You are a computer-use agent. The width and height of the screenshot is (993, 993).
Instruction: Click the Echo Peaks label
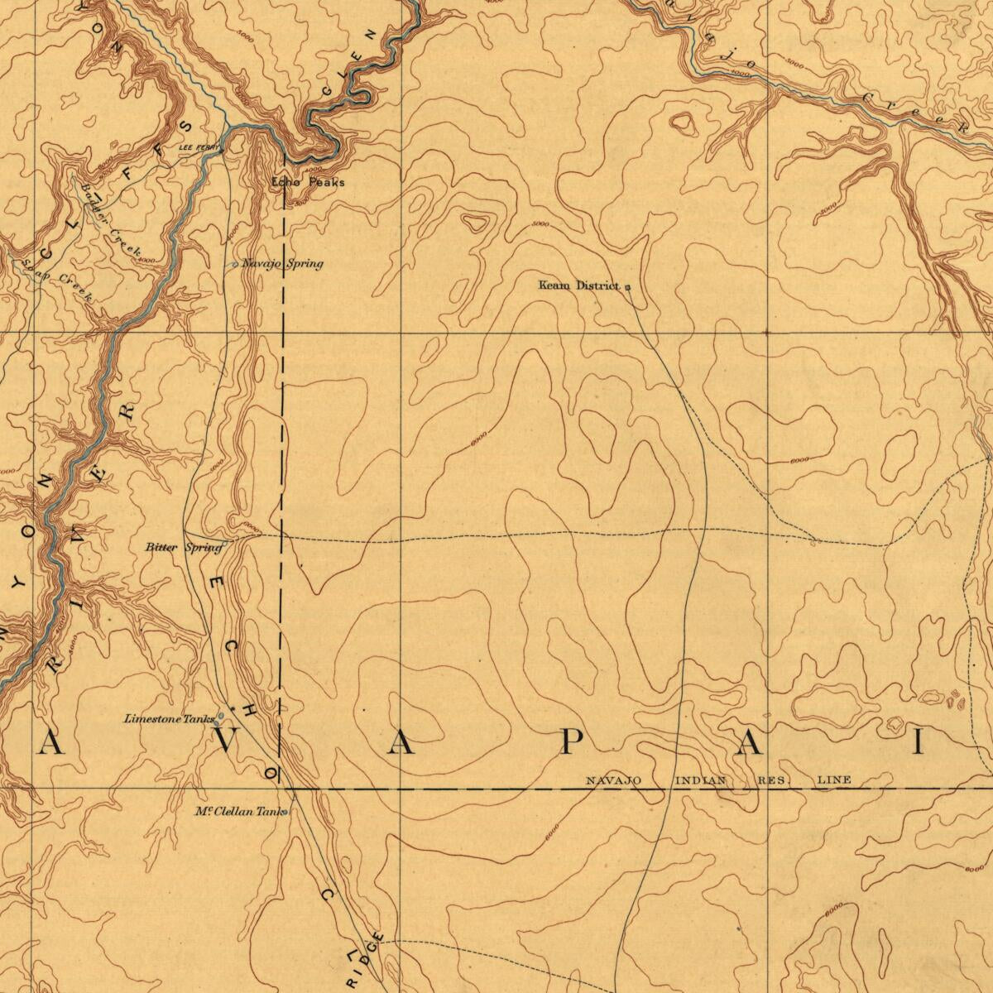click(x=308, y=182)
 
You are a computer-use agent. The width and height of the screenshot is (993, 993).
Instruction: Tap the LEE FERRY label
click(x=199, y=148)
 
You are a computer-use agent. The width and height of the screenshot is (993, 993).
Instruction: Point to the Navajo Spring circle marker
click(x=235, y=265)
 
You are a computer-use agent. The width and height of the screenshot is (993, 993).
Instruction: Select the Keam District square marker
click(x=627, y=287)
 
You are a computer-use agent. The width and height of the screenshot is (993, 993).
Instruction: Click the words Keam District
click(x=578, y=285)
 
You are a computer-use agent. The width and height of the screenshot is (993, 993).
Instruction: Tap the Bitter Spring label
click(x=183, y=547)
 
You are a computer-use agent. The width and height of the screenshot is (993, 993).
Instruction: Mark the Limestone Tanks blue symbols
click(x=220, y=717)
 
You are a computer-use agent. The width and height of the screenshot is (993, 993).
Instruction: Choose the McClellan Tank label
click(x=237, y=812)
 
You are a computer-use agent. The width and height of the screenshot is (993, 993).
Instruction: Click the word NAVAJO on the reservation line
click(x=613, y=780)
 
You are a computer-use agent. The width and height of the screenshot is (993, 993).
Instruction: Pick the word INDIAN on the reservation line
click(x=701, y=780)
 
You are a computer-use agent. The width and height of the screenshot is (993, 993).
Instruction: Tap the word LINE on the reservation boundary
click(x=834, y=780)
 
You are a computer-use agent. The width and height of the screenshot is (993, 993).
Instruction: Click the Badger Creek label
click(x=112, y=219)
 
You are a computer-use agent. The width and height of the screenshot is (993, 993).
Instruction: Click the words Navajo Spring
click(x=281, y=264)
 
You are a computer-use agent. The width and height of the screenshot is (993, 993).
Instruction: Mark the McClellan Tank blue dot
click(x=284, y=813)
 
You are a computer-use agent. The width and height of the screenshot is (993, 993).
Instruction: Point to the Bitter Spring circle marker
click(x=224, y=543)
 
